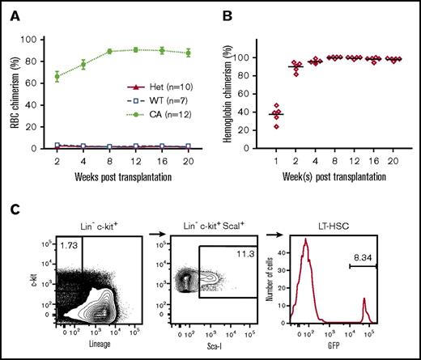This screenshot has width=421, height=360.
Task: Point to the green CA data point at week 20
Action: click(x=189, y=53)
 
